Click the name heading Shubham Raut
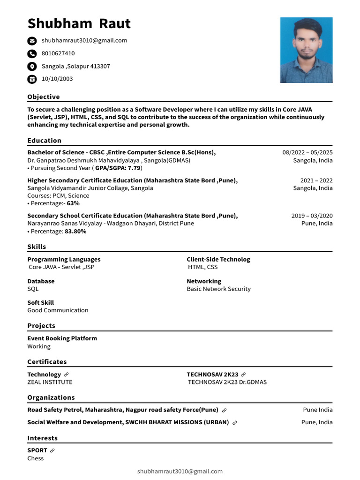point(79,23)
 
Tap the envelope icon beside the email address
point(32,41)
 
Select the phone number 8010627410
point(58,53)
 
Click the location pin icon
point(32,66)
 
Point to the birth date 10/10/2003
point(57,79)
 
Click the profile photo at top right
point(306,50)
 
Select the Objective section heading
point(44,97)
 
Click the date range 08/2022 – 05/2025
point(307,152)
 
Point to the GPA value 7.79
point(134,168)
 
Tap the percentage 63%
point(73,203)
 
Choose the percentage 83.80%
point(75,231)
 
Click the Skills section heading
point(37,247)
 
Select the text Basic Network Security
point(218,289)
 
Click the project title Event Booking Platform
point(62,338)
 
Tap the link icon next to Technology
point(67,375)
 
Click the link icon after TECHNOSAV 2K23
point(243,375)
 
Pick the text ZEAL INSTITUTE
point(50,382)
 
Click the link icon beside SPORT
point(52,450)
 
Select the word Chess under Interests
point(35,458)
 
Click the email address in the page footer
point(180,471)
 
